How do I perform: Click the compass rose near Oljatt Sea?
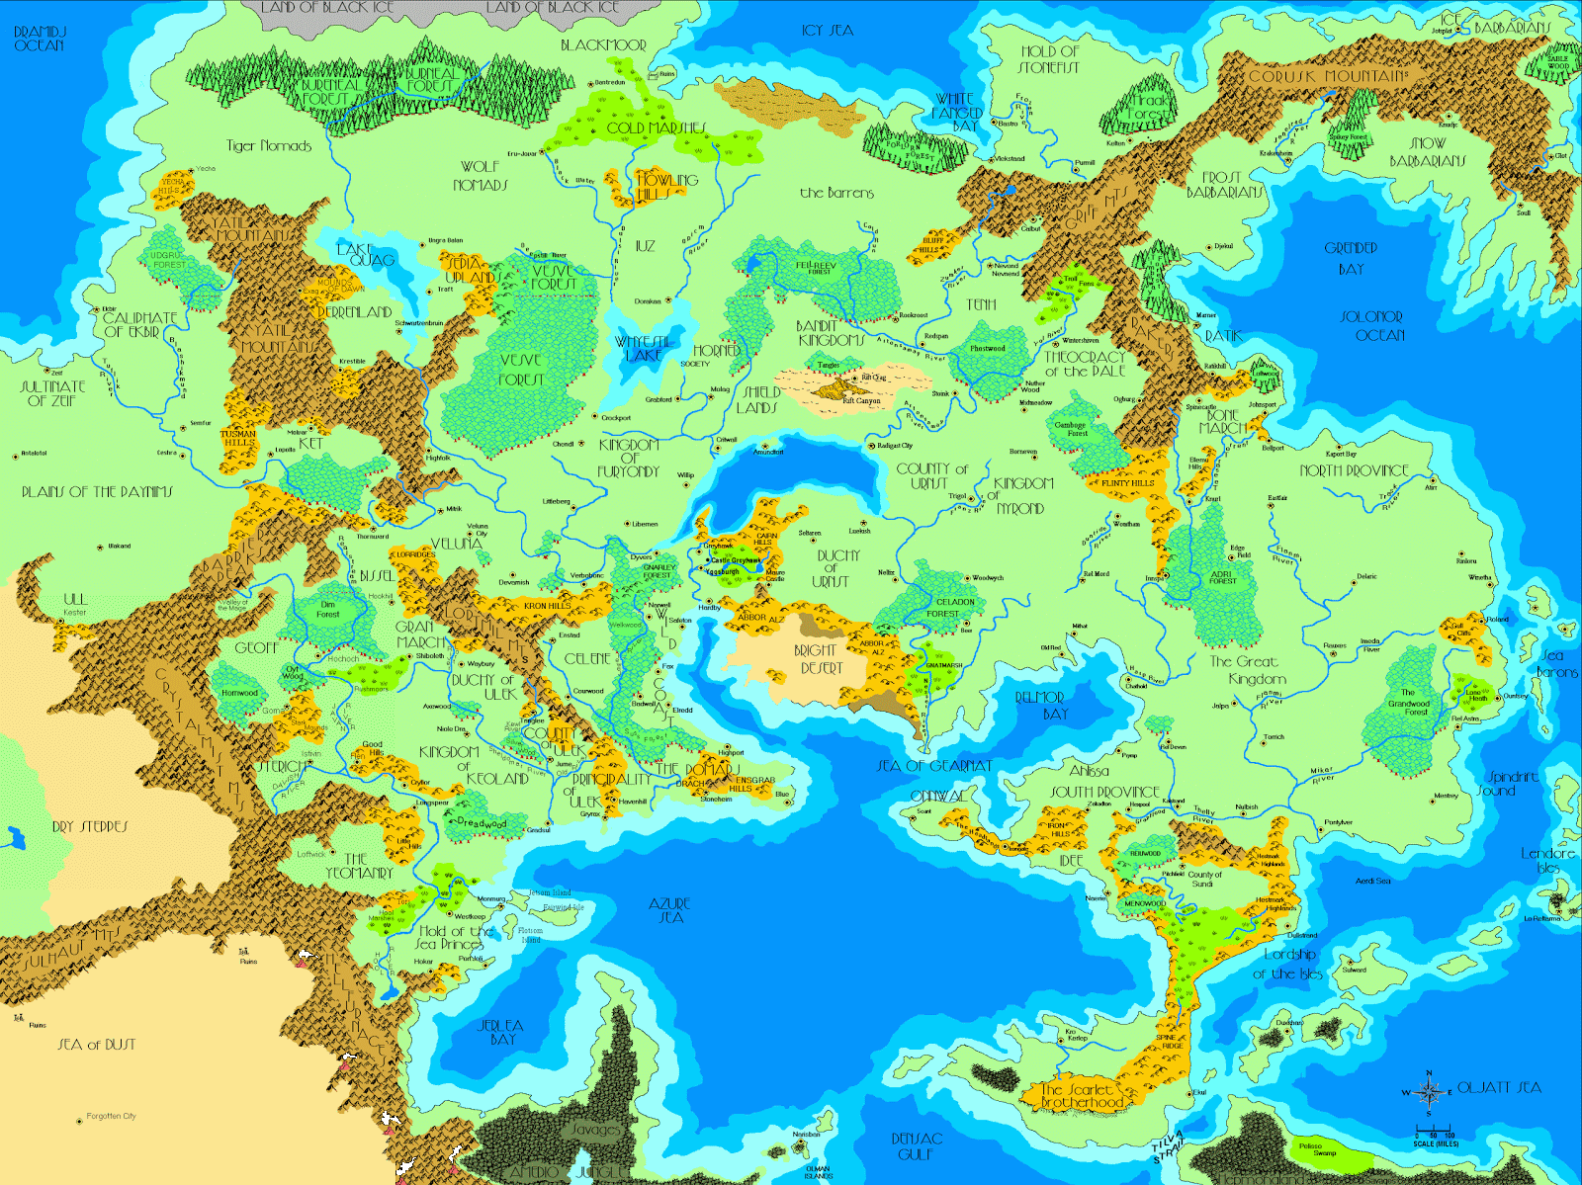coord(1428,1091)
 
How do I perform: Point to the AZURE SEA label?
coord(669,910)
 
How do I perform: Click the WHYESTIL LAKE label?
coord(644,348)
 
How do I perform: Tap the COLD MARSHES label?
coord(656,127)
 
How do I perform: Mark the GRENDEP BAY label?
coord(1351,258)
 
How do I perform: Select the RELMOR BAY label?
coord(1040,705)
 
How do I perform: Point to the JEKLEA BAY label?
coord(500,1032)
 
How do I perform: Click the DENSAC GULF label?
coord(917,1145)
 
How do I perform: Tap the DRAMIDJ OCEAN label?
coord(40,39)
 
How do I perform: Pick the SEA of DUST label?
coord(96,1044)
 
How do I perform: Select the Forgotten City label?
coord(111,1116)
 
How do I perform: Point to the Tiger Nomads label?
coord(269,146)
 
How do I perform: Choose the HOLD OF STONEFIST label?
coord(1049,59)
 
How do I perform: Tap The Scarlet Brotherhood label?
coord(1082,1095)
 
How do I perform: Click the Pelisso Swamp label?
coord(1324,1149)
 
